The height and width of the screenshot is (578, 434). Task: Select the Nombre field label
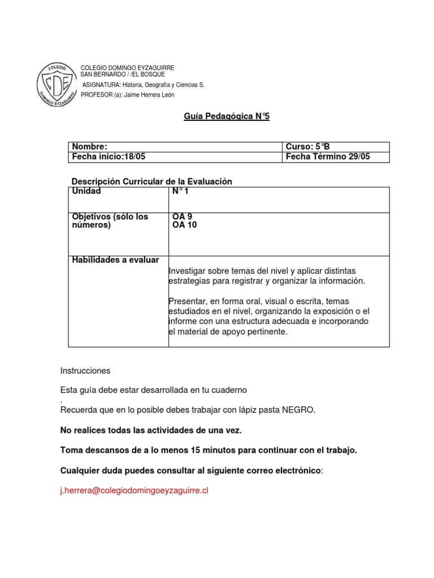(x=89, y=147)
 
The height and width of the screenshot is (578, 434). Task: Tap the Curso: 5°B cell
(x=307, y=147)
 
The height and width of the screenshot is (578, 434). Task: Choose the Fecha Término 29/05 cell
(x=328, y=157)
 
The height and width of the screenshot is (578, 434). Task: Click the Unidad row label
(x=86, y=191)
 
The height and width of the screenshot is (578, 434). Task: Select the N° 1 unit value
(x=180, y=191)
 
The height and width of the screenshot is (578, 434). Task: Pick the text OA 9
(x=182, y=217)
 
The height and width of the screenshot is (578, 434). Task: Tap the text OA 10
(x=184, y=225)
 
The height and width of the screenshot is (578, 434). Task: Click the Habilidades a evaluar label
(x=115, y=260)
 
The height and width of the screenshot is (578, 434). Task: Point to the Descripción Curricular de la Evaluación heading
(x=152, y=181)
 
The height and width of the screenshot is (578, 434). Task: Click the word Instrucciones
(x=85, y=371)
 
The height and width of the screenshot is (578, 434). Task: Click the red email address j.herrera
(x=134, y=491)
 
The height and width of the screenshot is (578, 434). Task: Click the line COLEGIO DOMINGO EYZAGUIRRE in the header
(x=128, y=68)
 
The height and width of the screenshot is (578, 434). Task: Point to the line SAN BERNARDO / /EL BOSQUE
(x=123, y=75)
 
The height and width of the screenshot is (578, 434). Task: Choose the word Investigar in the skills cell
(x=187, y=271)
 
